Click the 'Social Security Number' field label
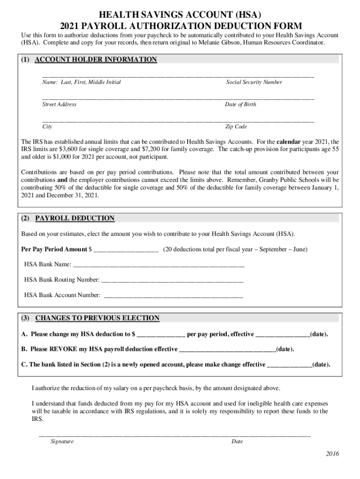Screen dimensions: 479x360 point(254,82)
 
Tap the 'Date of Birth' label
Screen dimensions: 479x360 point(240,104)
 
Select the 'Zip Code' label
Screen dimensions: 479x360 point(236,127)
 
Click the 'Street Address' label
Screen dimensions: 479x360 point(59,104)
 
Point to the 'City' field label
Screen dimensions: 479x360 point(47,127)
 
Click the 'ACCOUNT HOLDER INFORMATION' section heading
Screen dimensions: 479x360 point(96,59)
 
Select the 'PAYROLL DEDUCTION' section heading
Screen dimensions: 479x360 point(75,218)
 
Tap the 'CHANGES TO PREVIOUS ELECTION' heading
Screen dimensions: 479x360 point(97,318)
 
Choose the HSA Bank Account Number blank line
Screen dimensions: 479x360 point(173,296)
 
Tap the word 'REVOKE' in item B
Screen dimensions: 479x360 point(63,349)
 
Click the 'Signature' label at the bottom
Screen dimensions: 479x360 point(62,441)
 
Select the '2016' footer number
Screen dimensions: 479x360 point(332,454)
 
